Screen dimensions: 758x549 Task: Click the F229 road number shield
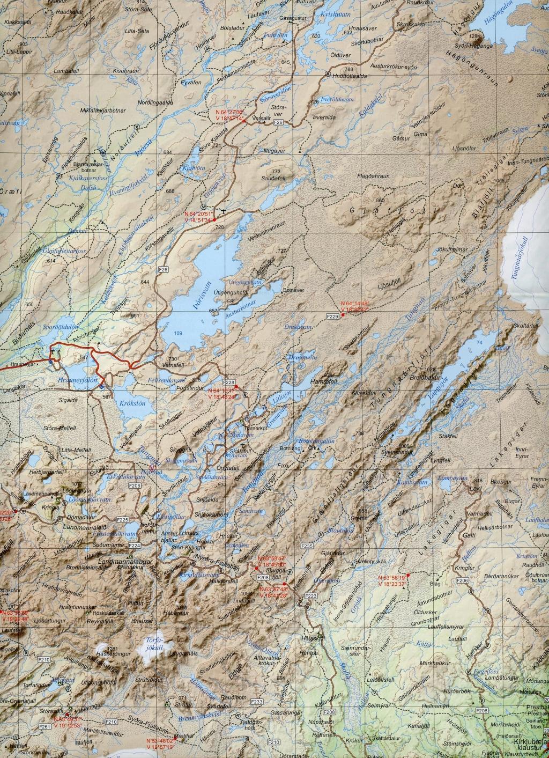(x=332, y=318)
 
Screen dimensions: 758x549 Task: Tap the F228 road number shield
(x=229, y=382)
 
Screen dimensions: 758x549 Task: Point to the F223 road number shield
(x=311, y=596)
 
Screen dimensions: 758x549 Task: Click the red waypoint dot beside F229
(x=343, y=315)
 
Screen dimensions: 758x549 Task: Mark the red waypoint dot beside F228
(x=235, y=386)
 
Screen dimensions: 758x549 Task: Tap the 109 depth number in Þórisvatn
(x=178, y=334)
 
